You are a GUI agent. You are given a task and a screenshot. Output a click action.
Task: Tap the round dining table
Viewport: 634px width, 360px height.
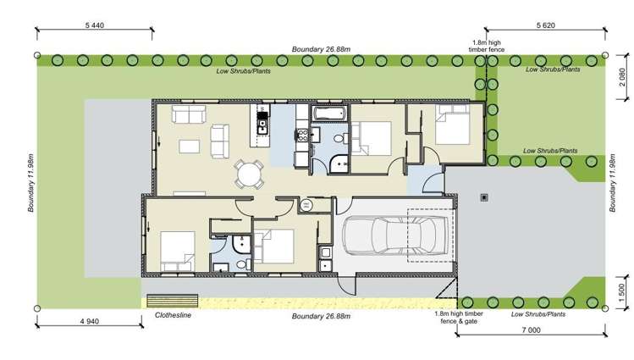pyautogui.click(x=249, y=174)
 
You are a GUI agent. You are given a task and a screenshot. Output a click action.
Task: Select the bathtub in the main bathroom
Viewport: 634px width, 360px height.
pyautogui.click(x=329, y=114)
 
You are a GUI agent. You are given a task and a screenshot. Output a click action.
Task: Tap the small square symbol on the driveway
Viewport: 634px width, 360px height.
pyautogui.click(x=483, y=197)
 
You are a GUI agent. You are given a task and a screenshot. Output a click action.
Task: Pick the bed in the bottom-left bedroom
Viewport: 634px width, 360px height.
pyautogui.click(x=174, y=246)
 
